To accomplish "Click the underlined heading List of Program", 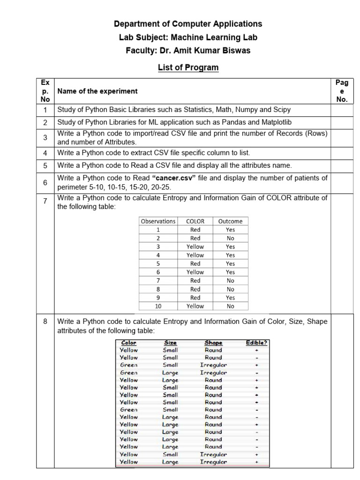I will coord(188,67).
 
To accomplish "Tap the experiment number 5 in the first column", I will coord(45,165).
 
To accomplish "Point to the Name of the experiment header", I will coord(97,91).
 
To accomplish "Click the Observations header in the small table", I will coord(158,221).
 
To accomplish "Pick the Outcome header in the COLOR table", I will coord(230,221).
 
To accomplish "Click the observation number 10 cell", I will coord(158,306).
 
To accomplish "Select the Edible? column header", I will coord(256,343).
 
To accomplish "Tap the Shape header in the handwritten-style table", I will coord(213,343).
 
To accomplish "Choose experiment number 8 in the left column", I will coord(45,322).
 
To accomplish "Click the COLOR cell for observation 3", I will coord(195,247).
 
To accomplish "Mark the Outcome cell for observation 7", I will coord(230,280).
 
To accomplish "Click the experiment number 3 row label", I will coord(45,137).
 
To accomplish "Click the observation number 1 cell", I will coord(158,230).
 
